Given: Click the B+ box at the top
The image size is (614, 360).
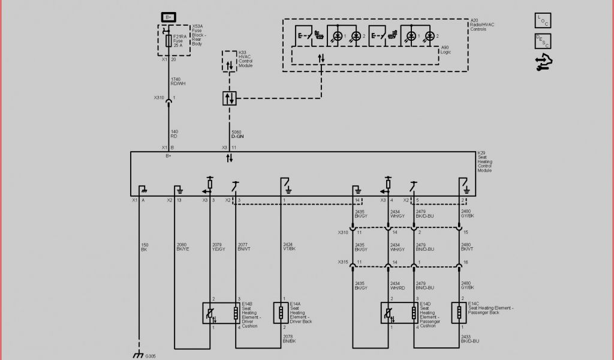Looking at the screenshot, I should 168,17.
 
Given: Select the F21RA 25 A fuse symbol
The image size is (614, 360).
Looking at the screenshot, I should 168,41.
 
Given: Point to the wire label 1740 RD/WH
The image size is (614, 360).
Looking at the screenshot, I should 176,82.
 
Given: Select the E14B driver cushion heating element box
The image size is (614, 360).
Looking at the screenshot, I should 222,313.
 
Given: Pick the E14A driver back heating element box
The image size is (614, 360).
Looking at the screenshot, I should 280,313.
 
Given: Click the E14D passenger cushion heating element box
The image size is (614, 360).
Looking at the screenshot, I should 400,313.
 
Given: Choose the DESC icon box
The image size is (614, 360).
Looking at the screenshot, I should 543,41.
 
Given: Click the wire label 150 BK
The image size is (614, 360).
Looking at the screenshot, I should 145,247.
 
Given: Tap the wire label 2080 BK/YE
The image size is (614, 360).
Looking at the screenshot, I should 182,247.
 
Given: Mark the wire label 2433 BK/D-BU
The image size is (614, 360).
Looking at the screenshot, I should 469,339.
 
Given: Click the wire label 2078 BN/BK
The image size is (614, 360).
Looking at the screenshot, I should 290,339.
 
